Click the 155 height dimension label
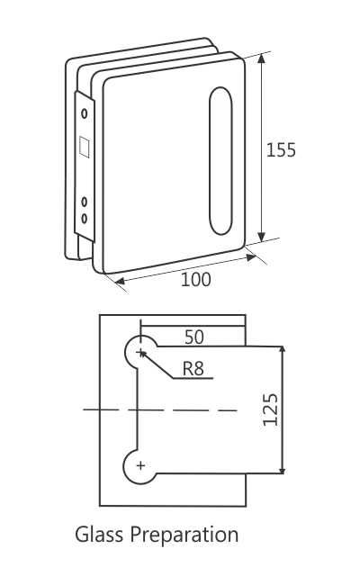[x=281, y=149]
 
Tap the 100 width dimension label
[x=195, y=280]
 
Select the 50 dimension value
[x=193, y=337]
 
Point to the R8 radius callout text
[x=194, y=368]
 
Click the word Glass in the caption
[x=100, y=535]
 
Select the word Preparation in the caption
[x=184, y=536]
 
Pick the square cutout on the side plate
[x=85, y=146]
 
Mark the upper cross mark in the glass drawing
[x=141, y=352]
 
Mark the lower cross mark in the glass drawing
[x=140, y=465]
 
